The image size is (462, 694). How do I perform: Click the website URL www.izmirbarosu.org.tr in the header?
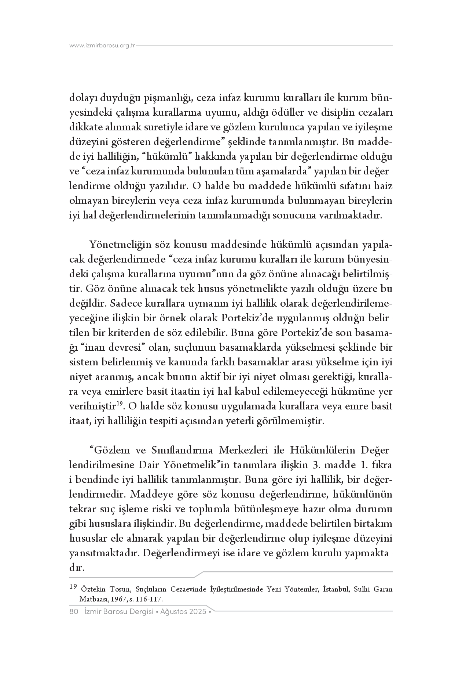(102, 46)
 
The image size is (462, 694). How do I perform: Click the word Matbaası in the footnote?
(92, 599)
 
